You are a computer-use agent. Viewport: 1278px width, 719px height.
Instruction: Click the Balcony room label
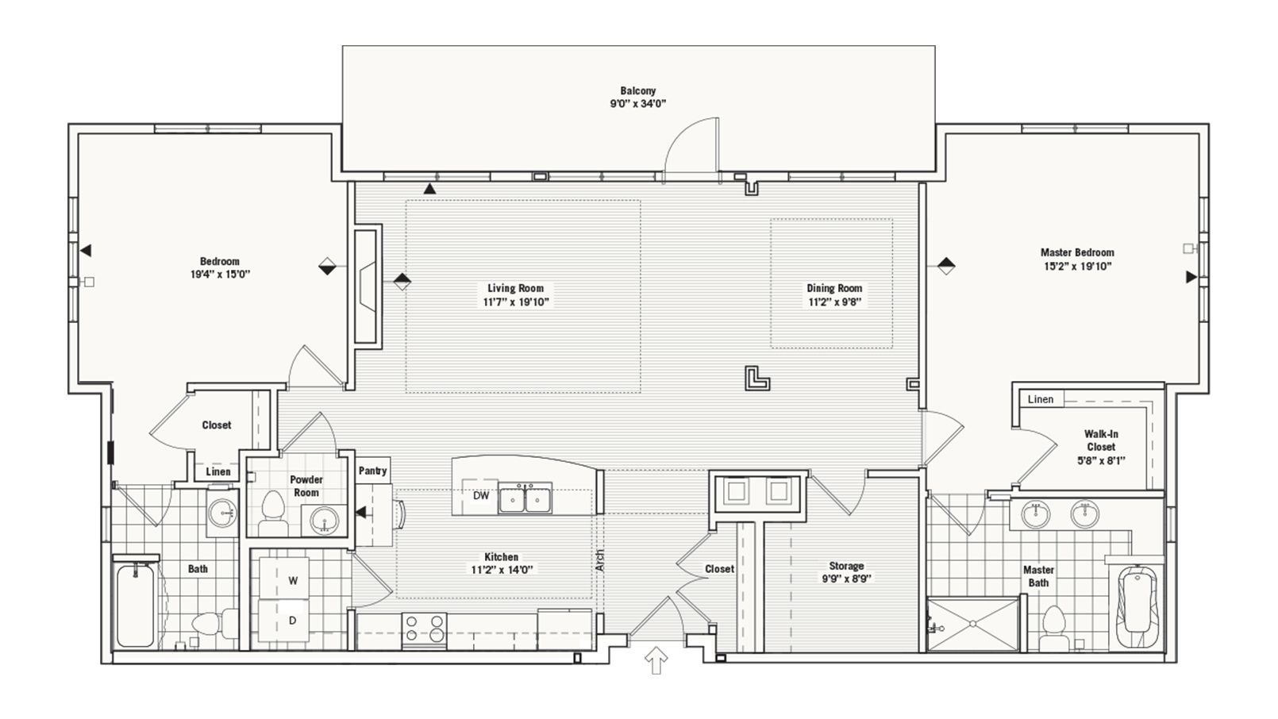coord(637,90)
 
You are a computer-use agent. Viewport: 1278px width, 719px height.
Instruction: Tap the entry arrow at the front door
coord(656,660)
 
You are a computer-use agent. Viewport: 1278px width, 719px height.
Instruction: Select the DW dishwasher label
coord(481,496)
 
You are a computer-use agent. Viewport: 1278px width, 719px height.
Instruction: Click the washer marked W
coord(293,580)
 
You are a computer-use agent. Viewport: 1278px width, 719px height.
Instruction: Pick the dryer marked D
coord(293,620)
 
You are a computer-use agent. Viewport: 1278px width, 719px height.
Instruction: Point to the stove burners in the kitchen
coord(425,629)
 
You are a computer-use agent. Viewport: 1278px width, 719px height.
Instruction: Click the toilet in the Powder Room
coord(273,513)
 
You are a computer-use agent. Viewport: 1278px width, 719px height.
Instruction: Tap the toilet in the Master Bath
coord(1054,626)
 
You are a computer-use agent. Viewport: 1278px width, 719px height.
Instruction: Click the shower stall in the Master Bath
coord(972,625)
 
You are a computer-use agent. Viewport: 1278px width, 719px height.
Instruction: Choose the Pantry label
coord(372,471)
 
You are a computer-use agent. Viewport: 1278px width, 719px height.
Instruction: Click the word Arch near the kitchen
coord(599,560)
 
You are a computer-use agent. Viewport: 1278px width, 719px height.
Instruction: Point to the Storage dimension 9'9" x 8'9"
coord(845,579)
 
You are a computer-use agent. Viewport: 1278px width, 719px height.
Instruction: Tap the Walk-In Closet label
coord(1101,440)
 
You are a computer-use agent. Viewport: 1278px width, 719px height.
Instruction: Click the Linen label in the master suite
coord(1040,399)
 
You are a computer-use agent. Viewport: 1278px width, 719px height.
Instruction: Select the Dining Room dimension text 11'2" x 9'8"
coord(834,302)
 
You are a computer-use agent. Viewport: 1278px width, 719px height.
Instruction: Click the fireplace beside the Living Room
coord(367,285)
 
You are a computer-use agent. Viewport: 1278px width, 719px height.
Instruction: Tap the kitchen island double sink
coord(525,499)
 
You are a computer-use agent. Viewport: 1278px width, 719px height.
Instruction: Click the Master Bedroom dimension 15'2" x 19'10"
coord(1077,267)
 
